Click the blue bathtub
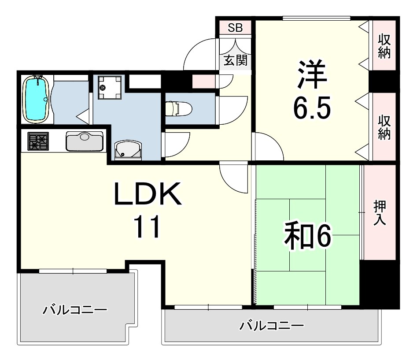[x=36, y=99]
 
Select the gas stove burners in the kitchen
[x=38, y=142]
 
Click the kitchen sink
[x=84, y=141]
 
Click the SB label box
[x=235, y=27]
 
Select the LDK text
[x=148, y=194]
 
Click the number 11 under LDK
[x=147, y=227]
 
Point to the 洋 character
[x=312, y=75]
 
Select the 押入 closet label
[x=380, y=213]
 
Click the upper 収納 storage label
[x=384, y=46]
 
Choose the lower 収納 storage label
[x=384, y=127]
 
